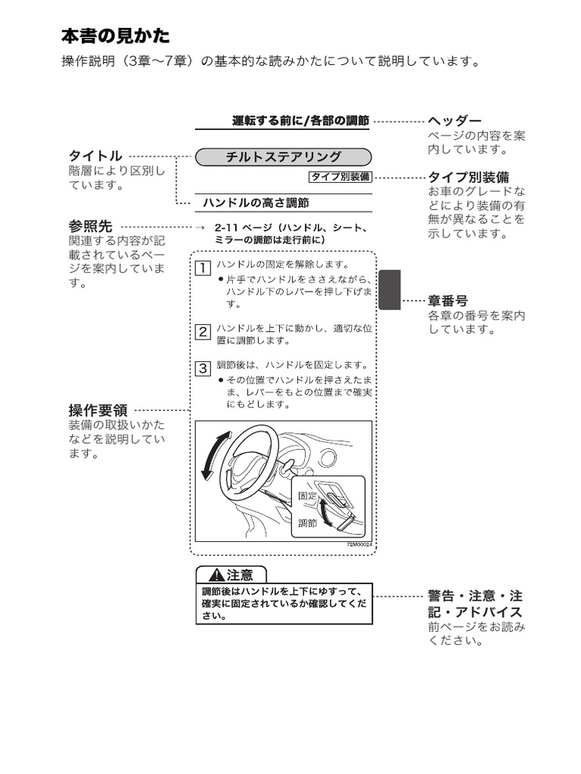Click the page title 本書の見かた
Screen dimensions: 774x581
(x=115, y=36)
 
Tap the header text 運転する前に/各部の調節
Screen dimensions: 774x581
(x=300, y=121)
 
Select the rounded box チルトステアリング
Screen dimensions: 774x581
(x=284, y=157)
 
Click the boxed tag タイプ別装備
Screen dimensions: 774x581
(x=340, y=177)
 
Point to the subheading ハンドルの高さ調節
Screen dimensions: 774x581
(x=256, y=203)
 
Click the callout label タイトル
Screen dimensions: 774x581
(x=95, y=156)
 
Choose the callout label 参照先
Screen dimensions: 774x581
(x=90, y=226)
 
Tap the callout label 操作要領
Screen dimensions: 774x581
(x=98, y=410)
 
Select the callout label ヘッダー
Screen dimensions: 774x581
(x=454, y=121)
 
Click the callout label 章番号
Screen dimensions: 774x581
(x=448, y=301)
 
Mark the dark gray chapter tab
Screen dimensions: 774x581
(x=389, y=290)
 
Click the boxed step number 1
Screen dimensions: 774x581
(x=203, y=267)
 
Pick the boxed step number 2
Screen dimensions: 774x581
(x=203, y=331)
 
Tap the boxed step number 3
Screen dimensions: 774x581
(x=203, y=369)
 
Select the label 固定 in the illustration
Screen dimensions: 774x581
(x=308, y=495)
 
